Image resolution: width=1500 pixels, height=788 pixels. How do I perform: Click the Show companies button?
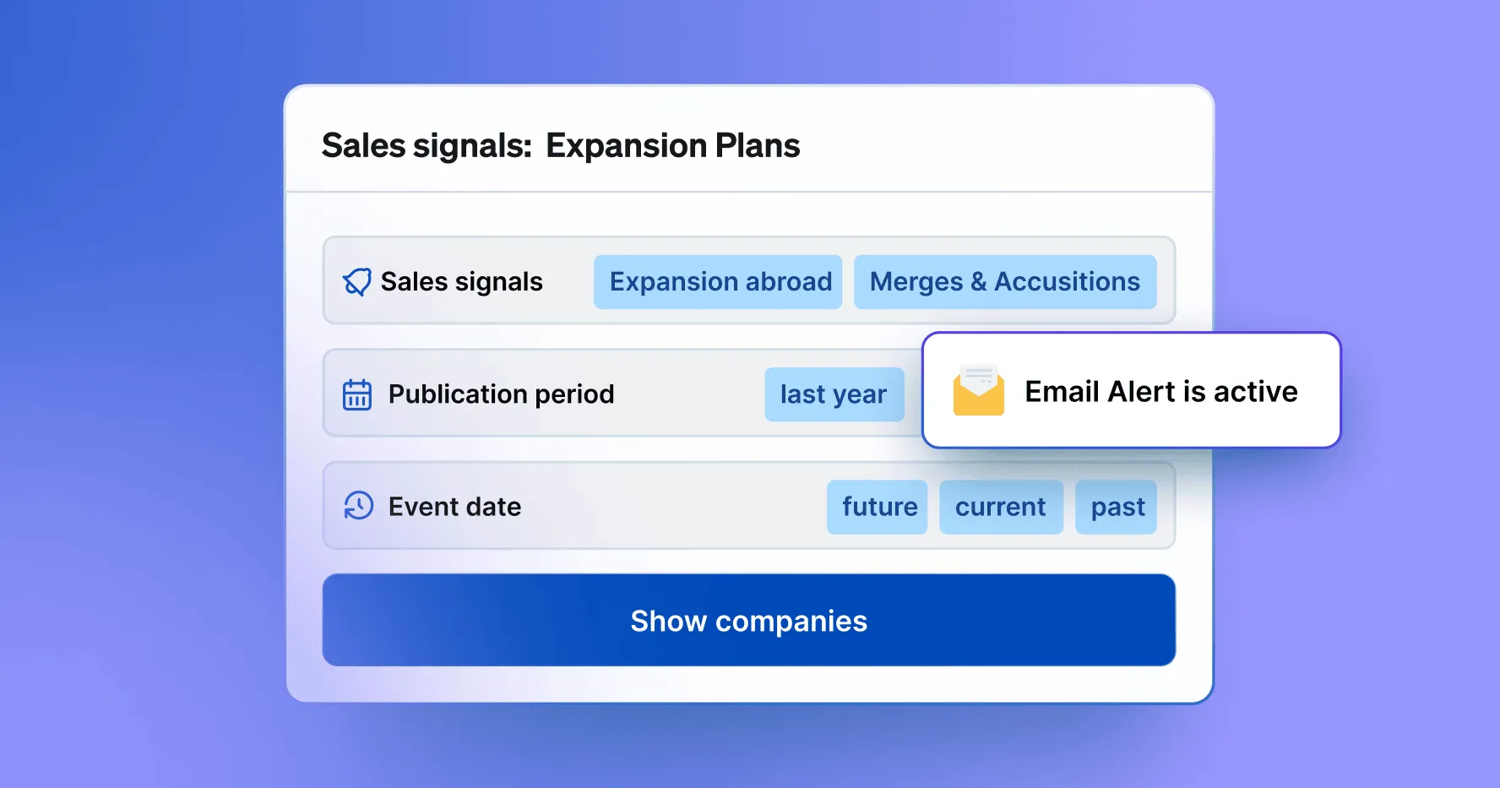[x=748, y=620]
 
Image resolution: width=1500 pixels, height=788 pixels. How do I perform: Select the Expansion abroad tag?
[x=718, y=281]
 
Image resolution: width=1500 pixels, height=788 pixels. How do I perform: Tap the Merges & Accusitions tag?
[x=1005, y=281]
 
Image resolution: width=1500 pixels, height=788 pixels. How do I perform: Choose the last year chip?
[x=834, y=394]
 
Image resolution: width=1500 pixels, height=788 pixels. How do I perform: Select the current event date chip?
[x=1001, y=507]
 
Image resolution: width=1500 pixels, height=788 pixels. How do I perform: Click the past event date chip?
[x=1116, y=507]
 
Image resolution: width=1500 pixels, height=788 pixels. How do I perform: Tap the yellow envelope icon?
[x=979, y=390]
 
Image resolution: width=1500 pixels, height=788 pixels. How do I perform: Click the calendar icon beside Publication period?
[x=357, y=394]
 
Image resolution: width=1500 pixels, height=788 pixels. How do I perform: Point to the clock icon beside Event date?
[x=358, y=506]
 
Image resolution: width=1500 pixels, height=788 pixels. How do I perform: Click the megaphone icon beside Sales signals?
[x=357, y=282]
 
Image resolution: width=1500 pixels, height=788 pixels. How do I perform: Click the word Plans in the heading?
[x=758, y=145]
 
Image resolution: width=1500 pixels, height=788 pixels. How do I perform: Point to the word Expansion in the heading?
[x=626, y=146]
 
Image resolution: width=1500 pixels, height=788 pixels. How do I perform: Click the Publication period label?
[x=501, y=394]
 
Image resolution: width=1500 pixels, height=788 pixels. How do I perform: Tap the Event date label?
[x=454, y=507]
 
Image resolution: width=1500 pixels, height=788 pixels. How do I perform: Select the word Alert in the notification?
[x=1141, y=392]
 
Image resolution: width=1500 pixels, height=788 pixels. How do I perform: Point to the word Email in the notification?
[x=1062, y=392]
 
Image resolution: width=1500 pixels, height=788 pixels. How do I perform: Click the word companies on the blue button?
[x=791, y=622]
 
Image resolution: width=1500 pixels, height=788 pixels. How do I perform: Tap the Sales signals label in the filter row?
[x=461, y=282]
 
